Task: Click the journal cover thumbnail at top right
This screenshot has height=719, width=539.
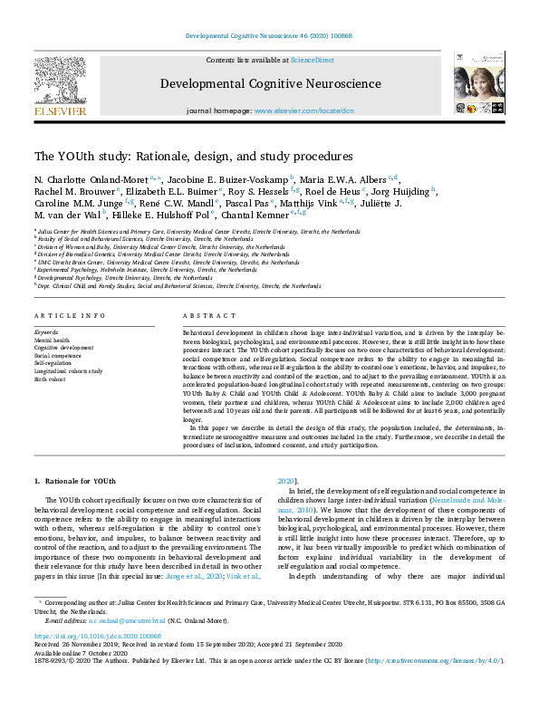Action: pyautogui.click(x=479, y=83)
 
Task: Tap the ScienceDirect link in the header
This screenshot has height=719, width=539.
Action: pyautogui.click(x=311, y=59)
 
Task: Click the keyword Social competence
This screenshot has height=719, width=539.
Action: pyautogui.click(x=59, y=356)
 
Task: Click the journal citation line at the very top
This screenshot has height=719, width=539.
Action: pyautogui.click(x=269, y=35)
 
